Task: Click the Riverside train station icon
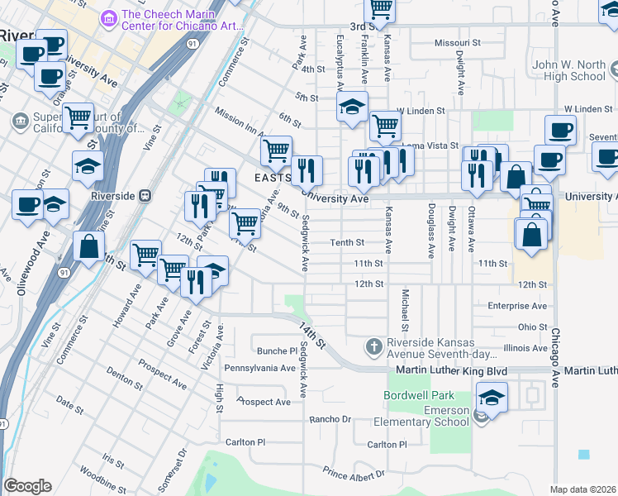coord(145,196)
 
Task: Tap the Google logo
coord(27,486)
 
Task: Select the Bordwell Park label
coord(420,395)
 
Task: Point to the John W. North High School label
coord(569,70)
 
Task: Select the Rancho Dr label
coord(330,419)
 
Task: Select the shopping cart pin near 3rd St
coord(380,9)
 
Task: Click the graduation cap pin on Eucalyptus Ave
coord(352,107)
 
